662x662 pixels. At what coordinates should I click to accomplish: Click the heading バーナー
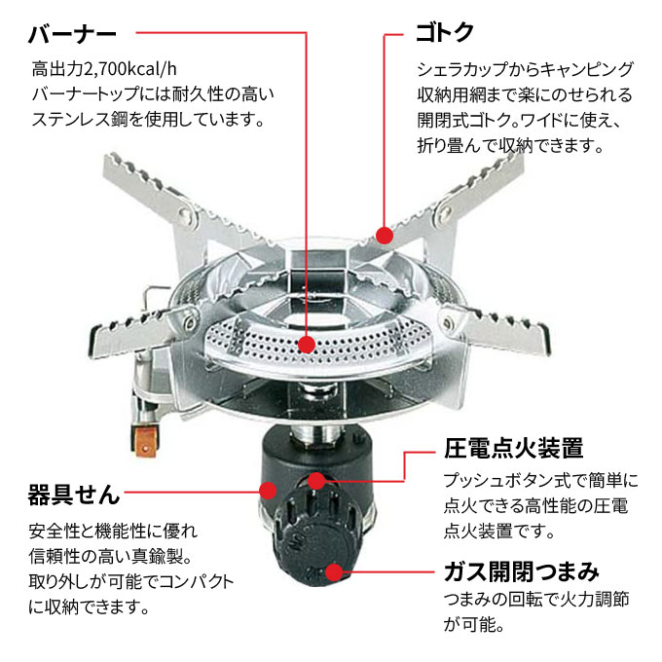(x=72, y=34)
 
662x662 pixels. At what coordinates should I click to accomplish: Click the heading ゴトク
(x=445, y=32)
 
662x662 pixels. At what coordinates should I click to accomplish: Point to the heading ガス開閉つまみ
(x=521, y=570)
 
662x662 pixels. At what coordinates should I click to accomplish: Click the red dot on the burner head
(x=308, y=345)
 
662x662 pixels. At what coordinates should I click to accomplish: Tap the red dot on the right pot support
(x=385, y=235)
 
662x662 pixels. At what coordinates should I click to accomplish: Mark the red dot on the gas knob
(x=335, y=572)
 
